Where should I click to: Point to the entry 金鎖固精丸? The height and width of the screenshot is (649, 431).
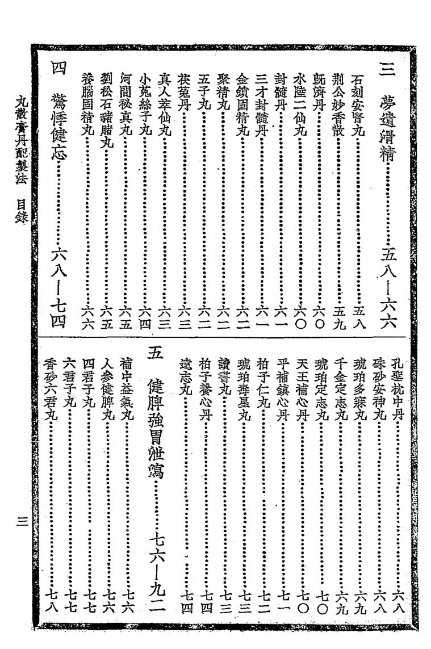(x=243, y=107)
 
